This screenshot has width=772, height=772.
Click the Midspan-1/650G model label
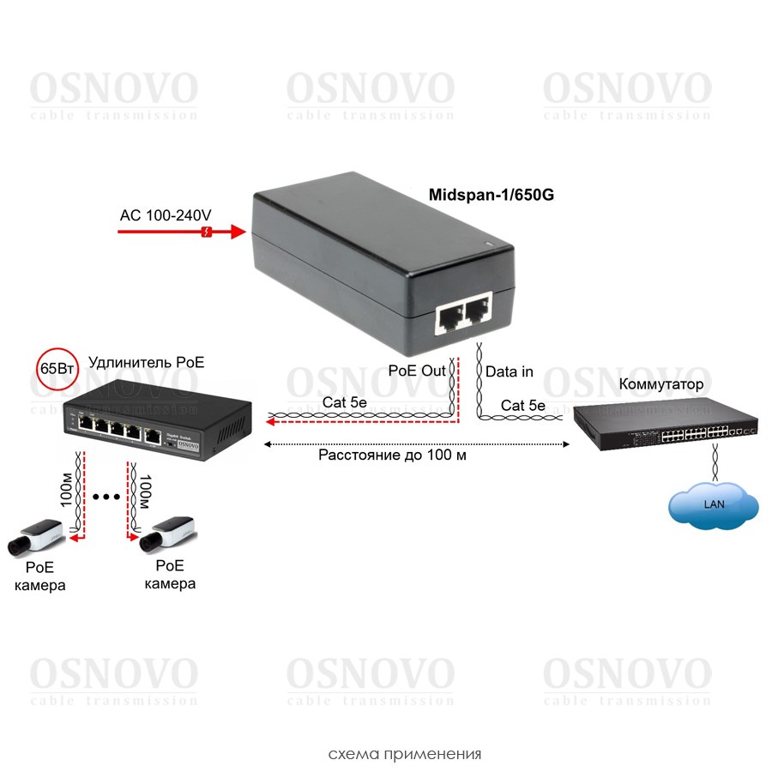pos(491,195)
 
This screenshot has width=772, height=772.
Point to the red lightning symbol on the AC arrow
pos(205,232)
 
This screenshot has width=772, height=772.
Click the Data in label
pos(510,371)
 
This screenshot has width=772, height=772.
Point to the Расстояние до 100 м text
pos(392,455)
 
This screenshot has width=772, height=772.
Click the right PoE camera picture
pos(169,533)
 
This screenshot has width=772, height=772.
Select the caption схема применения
pos(405,755)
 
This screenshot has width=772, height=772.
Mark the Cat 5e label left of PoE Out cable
pos(345,402)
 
